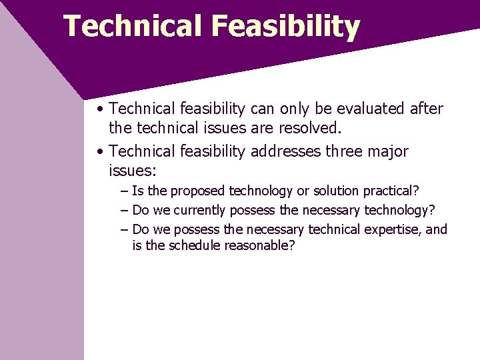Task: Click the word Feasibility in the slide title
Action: [x=285, y=27]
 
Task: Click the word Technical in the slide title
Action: [x=133, y=27]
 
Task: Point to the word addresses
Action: [x=286, y=151]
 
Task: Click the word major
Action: [x=387, y=151]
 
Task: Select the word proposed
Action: [x=199, y=191]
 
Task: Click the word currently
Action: [x=200, y=211]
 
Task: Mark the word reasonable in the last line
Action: [x=259, y=246]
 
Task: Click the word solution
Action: [x=336, y=191]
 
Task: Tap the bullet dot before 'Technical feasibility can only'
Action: [x=99, y=109]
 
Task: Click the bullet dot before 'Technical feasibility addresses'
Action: [x=99, y=152]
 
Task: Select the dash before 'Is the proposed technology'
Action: [x=125, y=191]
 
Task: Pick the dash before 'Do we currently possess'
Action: [x=125, y=211]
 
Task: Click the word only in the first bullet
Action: [x=297, y=108]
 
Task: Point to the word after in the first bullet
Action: [x=427, y=108]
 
